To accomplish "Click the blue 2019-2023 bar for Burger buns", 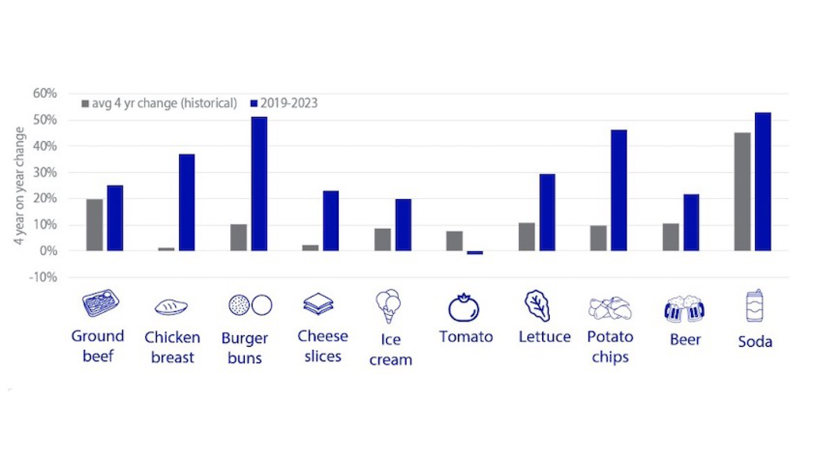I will (x=259, y=184).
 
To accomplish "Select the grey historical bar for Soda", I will (x=742, y=192).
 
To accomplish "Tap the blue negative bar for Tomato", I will (x=475, y=253).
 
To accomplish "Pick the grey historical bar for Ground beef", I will (x=95, y=225).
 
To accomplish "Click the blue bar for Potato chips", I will (x=619, y=190).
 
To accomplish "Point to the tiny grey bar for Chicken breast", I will (x=167, y=249).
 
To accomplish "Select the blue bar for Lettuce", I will (x=547, y=212).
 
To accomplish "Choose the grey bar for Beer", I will (x=671, y=237).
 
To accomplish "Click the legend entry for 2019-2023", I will (x=283, y=104).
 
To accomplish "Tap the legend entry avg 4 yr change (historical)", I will (x=159, y=104).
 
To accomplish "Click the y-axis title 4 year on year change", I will (x=21, y=186).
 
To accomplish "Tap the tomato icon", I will (x=464, y=307).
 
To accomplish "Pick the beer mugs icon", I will (x=684, y=307).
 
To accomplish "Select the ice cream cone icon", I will (x=388, y=306).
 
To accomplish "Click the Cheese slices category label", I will (x=322, y=346).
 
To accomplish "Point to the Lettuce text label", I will (x=544, y=337).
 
